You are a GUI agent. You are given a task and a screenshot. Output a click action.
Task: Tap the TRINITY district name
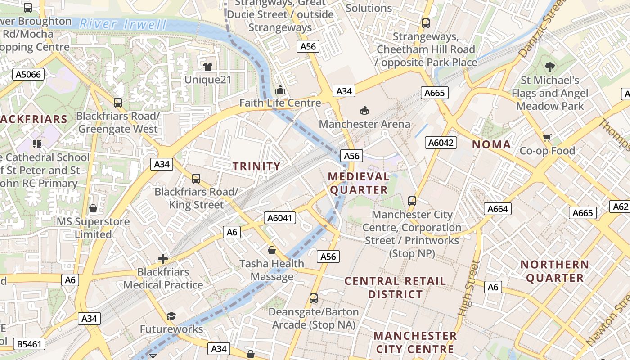click(256, 166)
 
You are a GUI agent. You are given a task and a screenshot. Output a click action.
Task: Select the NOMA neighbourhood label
click(491, 145)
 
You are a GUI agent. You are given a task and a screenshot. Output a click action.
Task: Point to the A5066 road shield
click(28, 74)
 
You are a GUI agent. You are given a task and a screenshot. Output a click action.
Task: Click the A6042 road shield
click(441, 143)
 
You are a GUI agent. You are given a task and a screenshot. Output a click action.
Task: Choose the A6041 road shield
click(279, 218)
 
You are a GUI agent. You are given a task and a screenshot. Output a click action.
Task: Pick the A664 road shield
click(498, 209)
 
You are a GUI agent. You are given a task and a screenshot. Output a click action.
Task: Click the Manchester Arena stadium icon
click(364, 110)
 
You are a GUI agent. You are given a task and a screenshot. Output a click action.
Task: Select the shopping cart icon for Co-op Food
click(547, 138)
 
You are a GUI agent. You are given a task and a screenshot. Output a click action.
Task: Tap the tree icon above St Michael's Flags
click(549, 67)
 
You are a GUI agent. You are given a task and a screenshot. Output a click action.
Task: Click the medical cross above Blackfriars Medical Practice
click(163, 259)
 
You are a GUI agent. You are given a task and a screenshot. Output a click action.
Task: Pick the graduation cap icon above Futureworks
click(171, 316)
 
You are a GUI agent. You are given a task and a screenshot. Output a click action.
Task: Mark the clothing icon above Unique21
click(207, 67)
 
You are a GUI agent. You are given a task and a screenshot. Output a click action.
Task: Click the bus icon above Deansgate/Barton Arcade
click(314, 298)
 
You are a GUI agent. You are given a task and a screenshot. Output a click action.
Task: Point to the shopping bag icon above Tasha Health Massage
click(272, 250)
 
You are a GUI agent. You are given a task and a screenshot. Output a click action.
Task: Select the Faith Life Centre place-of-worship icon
click(280, 90)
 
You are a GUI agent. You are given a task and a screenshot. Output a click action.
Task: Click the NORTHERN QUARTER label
click(555, 271)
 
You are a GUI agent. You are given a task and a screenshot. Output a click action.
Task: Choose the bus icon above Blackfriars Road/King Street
click(196, 179)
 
